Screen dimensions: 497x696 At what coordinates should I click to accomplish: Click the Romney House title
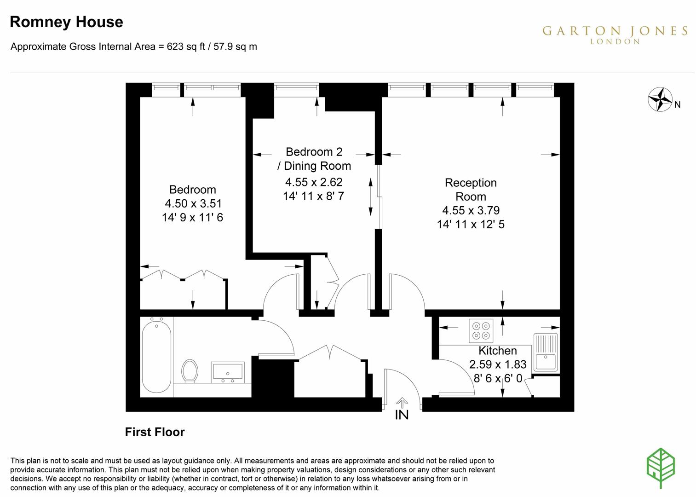point(66,22)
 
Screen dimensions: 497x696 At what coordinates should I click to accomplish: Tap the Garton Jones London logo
point(615,34)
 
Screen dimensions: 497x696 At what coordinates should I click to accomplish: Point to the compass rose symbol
point(661,99)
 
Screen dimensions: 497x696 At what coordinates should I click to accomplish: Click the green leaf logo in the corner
point(661,468)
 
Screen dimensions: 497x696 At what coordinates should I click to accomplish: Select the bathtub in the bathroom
point(156,356)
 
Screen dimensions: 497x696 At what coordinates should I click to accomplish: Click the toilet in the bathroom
point(190,370)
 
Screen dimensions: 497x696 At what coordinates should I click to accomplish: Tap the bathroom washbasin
point(228,372)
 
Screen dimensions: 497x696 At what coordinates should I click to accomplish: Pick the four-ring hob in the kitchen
point(481,330)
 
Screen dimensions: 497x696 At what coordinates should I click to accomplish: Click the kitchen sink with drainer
point(546,353)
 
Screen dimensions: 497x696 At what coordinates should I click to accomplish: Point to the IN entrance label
point(402,415)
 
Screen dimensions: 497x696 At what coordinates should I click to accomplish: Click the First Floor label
point(155,432)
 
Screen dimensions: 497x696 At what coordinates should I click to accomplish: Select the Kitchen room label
point(498,351)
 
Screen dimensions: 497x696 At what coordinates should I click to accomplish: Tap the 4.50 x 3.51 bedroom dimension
point(192,203)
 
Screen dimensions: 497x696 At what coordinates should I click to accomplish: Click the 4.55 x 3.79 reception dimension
point(471,210)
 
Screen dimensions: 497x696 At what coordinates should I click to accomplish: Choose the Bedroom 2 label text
point(314,152)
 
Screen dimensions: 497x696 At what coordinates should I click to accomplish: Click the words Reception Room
point(471,190)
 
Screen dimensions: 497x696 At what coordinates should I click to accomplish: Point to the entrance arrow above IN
point(402,403)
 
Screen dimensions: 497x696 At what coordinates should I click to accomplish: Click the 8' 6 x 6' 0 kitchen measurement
point(498,378)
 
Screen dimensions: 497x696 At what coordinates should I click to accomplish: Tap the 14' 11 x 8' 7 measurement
point(313,196)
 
